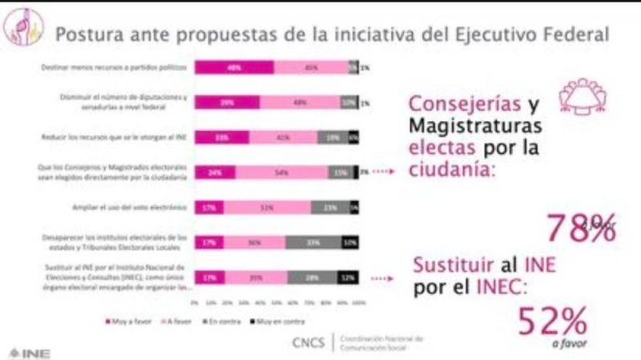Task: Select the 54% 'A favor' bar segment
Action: pyautogui.click(x=282, y=171)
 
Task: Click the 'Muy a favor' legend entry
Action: pyautogui.click(x=124, y=322)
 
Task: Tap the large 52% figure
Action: pyautogui.click(x=554, y=322)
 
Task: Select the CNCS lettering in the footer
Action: pyautogui.click(x=308, y=342)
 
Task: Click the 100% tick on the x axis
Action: pyautogui.click(x=358, y=303)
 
